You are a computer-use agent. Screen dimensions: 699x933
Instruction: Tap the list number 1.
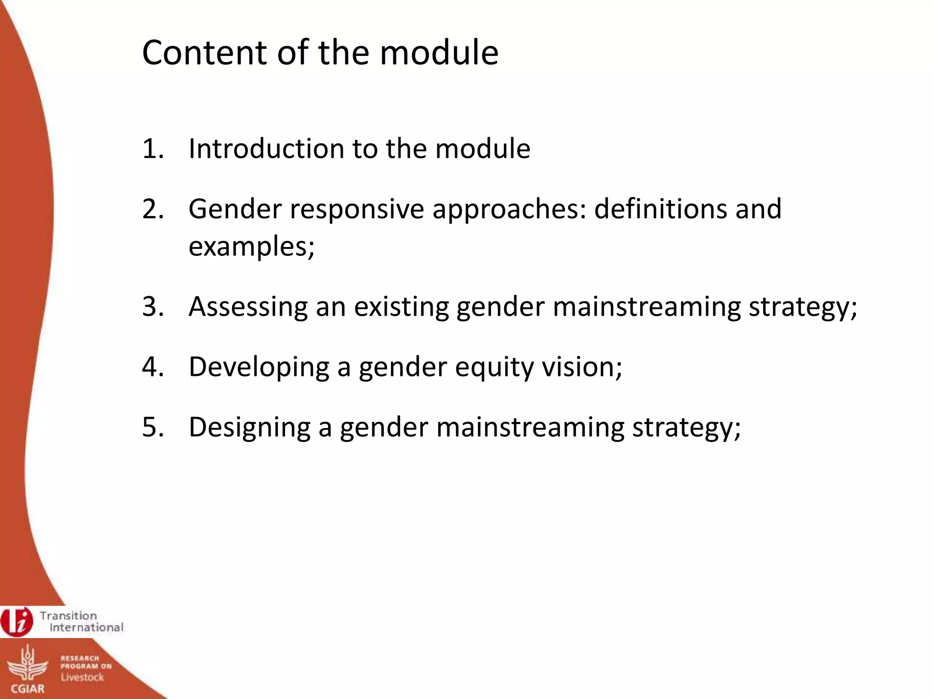tap(152, 148)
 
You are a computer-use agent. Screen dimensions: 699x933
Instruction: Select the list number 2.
tap(153, 209)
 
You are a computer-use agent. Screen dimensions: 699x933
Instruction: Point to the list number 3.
tap(153, 306)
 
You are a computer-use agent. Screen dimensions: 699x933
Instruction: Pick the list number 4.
tap(153, 366)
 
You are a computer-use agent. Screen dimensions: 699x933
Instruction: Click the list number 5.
tap(153, 427)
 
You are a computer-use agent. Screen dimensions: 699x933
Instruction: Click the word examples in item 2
tap(249, 247)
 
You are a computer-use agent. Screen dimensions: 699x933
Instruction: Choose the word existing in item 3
tap(401, 306)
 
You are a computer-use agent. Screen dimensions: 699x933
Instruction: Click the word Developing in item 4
tap(259, 366)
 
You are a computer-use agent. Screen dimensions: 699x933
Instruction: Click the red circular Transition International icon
tap(17, 622)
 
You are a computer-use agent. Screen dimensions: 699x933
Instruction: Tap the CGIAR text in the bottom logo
tap(28, 689)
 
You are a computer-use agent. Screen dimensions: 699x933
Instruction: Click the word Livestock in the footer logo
tap(82, 677)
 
